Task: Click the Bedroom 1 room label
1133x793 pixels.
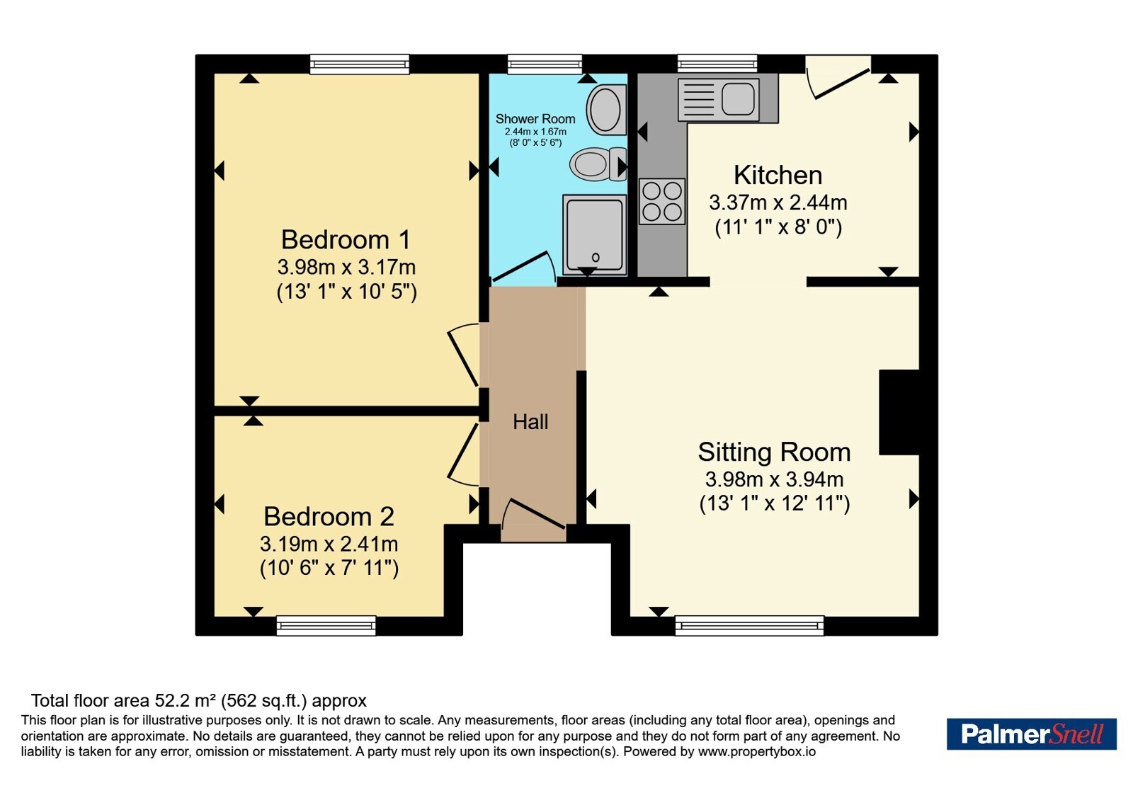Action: (x=346, y=240)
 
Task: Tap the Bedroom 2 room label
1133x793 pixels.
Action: (x=329, y=517)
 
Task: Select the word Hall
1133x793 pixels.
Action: (x=530, y=422)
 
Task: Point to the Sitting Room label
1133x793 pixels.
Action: (x=774, y=452)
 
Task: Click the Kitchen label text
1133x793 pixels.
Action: (x=778, y=176)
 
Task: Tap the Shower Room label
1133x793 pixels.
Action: (x=535, y=119)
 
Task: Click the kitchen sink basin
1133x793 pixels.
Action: (x=739, y=98)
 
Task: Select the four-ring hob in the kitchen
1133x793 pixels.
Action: (x=662, y=201)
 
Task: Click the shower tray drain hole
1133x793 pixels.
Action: (x=596, y=258)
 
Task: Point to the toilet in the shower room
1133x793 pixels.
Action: (x=598, y=164)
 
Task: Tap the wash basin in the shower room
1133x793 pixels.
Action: (x=606, y=109)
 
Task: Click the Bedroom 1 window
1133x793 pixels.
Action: (x=359, y=64)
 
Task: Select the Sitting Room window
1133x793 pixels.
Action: (x=750, y=626)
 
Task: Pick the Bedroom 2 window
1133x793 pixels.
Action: (x=326, y=626)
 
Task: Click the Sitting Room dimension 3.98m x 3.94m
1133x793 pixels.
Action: (x=774, y=479)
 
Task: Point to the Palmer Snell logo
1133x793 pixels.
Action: (x=1031, y=734)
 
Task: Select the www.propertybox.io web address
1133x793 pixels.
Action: (x=757, y=751)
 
